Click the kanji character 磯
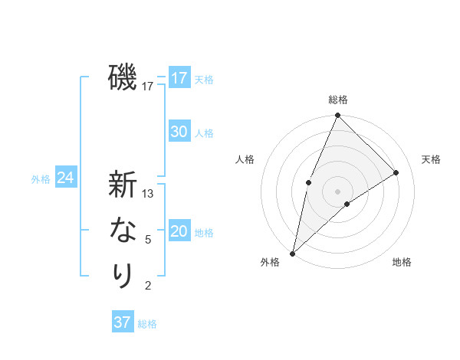pyautogui.click(x=123, y=77)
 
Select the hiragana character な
pyautogui.click(x=123, y=230)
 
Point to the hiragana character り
pyautogui.click(x=123, y=276)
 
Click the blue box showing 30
pyautogui.click(x=179, y=132)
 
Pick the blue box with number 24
pyautogui.click(x=65, y=178)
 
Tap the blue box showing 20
pyautogui.click(x=179, y=231)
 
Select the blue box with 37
pyautogui.click(x=123, y=322)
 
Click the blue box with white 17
pyautogui.click(x=179, y=78)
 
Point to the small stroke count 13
pyautogui.click(x=149, y=194)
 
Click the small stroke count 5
pyautogui.click(x=149, y=240)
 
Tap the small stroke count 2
pyautogui.click(x=149, y=286)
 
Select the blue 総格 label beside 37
pyautogui.click(x=148, y=324)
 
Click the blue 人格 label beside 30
pyautogui.click(x=205, y=133)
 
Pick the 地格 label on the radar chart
pyautogui.click(x=402, y=263)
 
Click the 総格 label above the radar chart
pyautogui.click(x=337, y=100)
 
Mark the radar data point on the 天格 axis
pyautogui.click(x=396, y=172)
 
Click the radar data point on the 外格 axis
pyautogui.click(x=292, y=254)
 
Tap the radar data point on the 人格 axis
pyautogui.click(x=308, y=182)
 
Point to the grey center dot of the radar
pyautogui.click(x=337, y=191)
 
